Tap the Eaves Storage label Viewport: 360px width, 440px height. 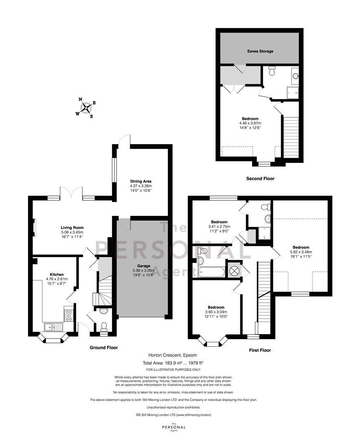point(260,51)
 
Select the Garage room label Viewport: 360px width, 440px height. point(144,266)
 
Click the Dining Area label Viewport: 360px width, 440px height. point(140,181)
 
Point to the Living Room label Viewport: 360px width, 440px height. point(72,228)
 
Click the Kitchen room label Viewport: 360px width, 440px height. point(57,275)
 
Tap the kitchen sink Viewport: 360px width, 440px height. point(53,327)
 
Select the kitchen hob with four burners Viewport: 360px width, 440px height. point(69,314)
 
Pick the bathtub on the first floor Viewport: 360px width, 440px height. point(211,272)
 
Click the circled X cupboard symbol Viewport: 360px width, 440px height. point(234,271)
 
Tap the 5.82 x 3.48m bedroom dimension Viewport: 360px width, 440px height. point(301,252)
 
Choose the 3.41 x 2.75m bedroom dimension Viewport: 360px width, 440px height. point(219,227)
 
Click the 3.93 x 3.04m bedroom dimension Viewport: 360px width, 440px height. point(216,312)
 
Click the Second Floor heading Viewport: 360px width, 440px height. point(260,178)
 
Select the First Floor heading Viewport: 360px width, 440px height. point(260,350)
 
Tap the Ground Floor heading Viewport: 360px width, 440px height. point(103,348)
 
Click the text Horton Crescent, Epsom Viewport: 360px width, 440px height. point(173,355)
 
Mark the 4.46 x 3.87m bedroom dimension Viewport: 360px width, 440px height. point(250,123)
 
